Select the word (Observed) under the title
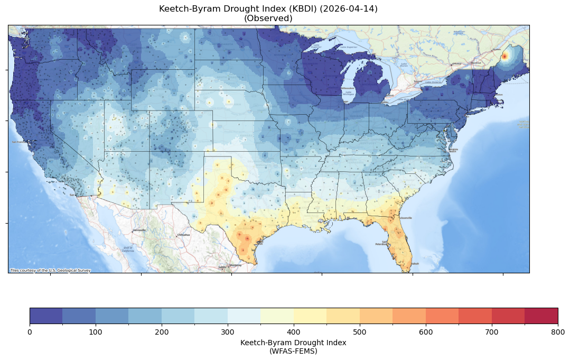pyautogui.click(x=268, y=18)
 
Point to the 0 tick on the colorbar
pyautogui.click(x=30, y=331)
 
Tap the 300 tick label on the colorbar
pyautogui.click(x=228, y=331)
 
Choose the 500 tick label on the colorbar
pyautogui.click(x=360, y=331)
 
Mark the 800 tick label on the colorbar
pyautogui.click(x=557, y=331)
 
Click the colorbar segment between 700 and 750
pyautogui.click(x=508, y=316)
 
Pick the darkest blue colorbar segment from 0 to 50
pyautogui.click(x=46, y=316)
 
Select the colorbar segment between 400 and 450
pyautogui.click(x=310, y=316)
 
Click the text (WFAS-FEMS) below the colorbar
pyautogui.click(x=293, y=350)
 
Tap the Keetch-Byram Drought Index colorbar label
pyautogui.click(x=293, y=343)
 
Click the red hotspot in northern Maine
pyautogui.click(x=504, y=56)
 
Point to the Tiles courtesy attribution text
pyautogui.click(x=50, y=270)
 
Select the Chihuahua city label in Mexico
pyautogui.click(x=183, y=234)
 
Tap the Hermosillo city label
pyautogui.click(x=139, y=230)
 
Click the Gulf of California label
pyautogui.click(x=127, y=249)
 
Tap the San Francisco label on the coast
pyautogui.click(x=20, y=142)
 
